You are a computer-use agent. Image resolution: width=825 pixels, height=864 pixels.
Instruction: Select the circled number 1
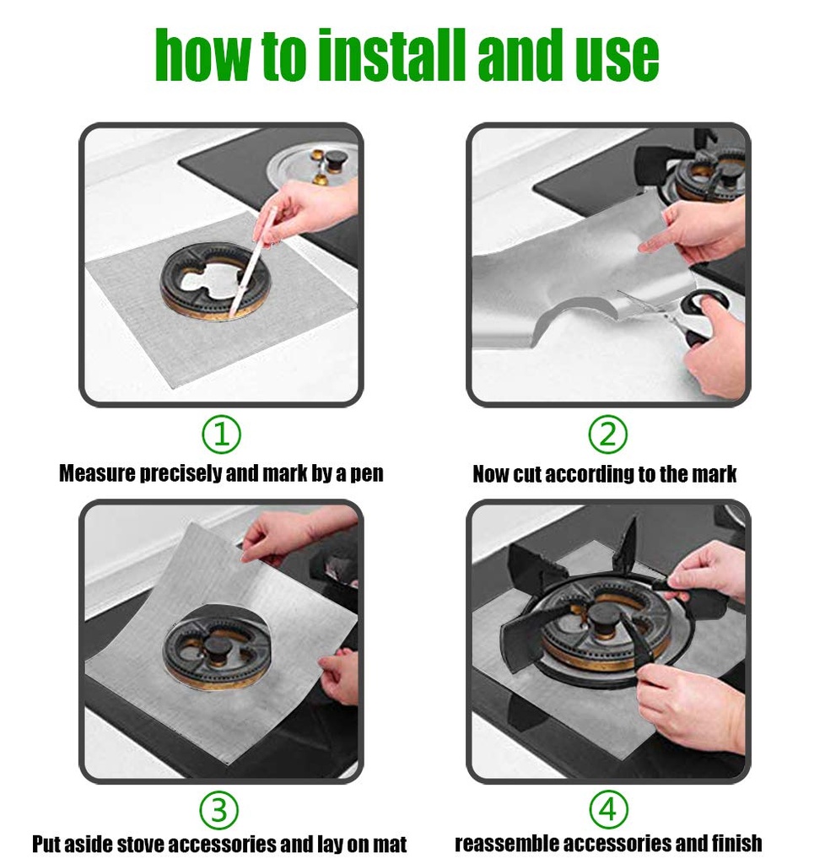(x=221, y=435)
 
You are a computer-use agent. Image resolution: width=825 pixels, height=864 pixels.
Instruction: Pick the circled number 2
(x=608, y=435)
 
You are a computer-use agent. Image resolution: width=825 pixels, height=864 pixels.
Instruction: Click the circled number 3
(x=219, y=811)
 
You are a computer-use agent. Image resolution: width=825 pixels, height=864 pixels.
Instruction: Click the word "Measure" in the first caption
(x=98, y=474)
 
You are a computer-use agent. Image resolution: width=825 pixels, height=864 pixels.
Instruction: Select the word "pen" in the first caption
(x=366, y=476)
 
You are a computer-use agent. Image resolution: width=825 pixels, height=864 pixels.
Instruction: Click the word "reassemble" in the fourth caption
(x=505, y=844)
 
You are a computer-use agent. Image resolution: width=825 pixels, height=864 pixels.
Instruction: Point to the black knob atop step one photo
(x=335, y=161)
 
